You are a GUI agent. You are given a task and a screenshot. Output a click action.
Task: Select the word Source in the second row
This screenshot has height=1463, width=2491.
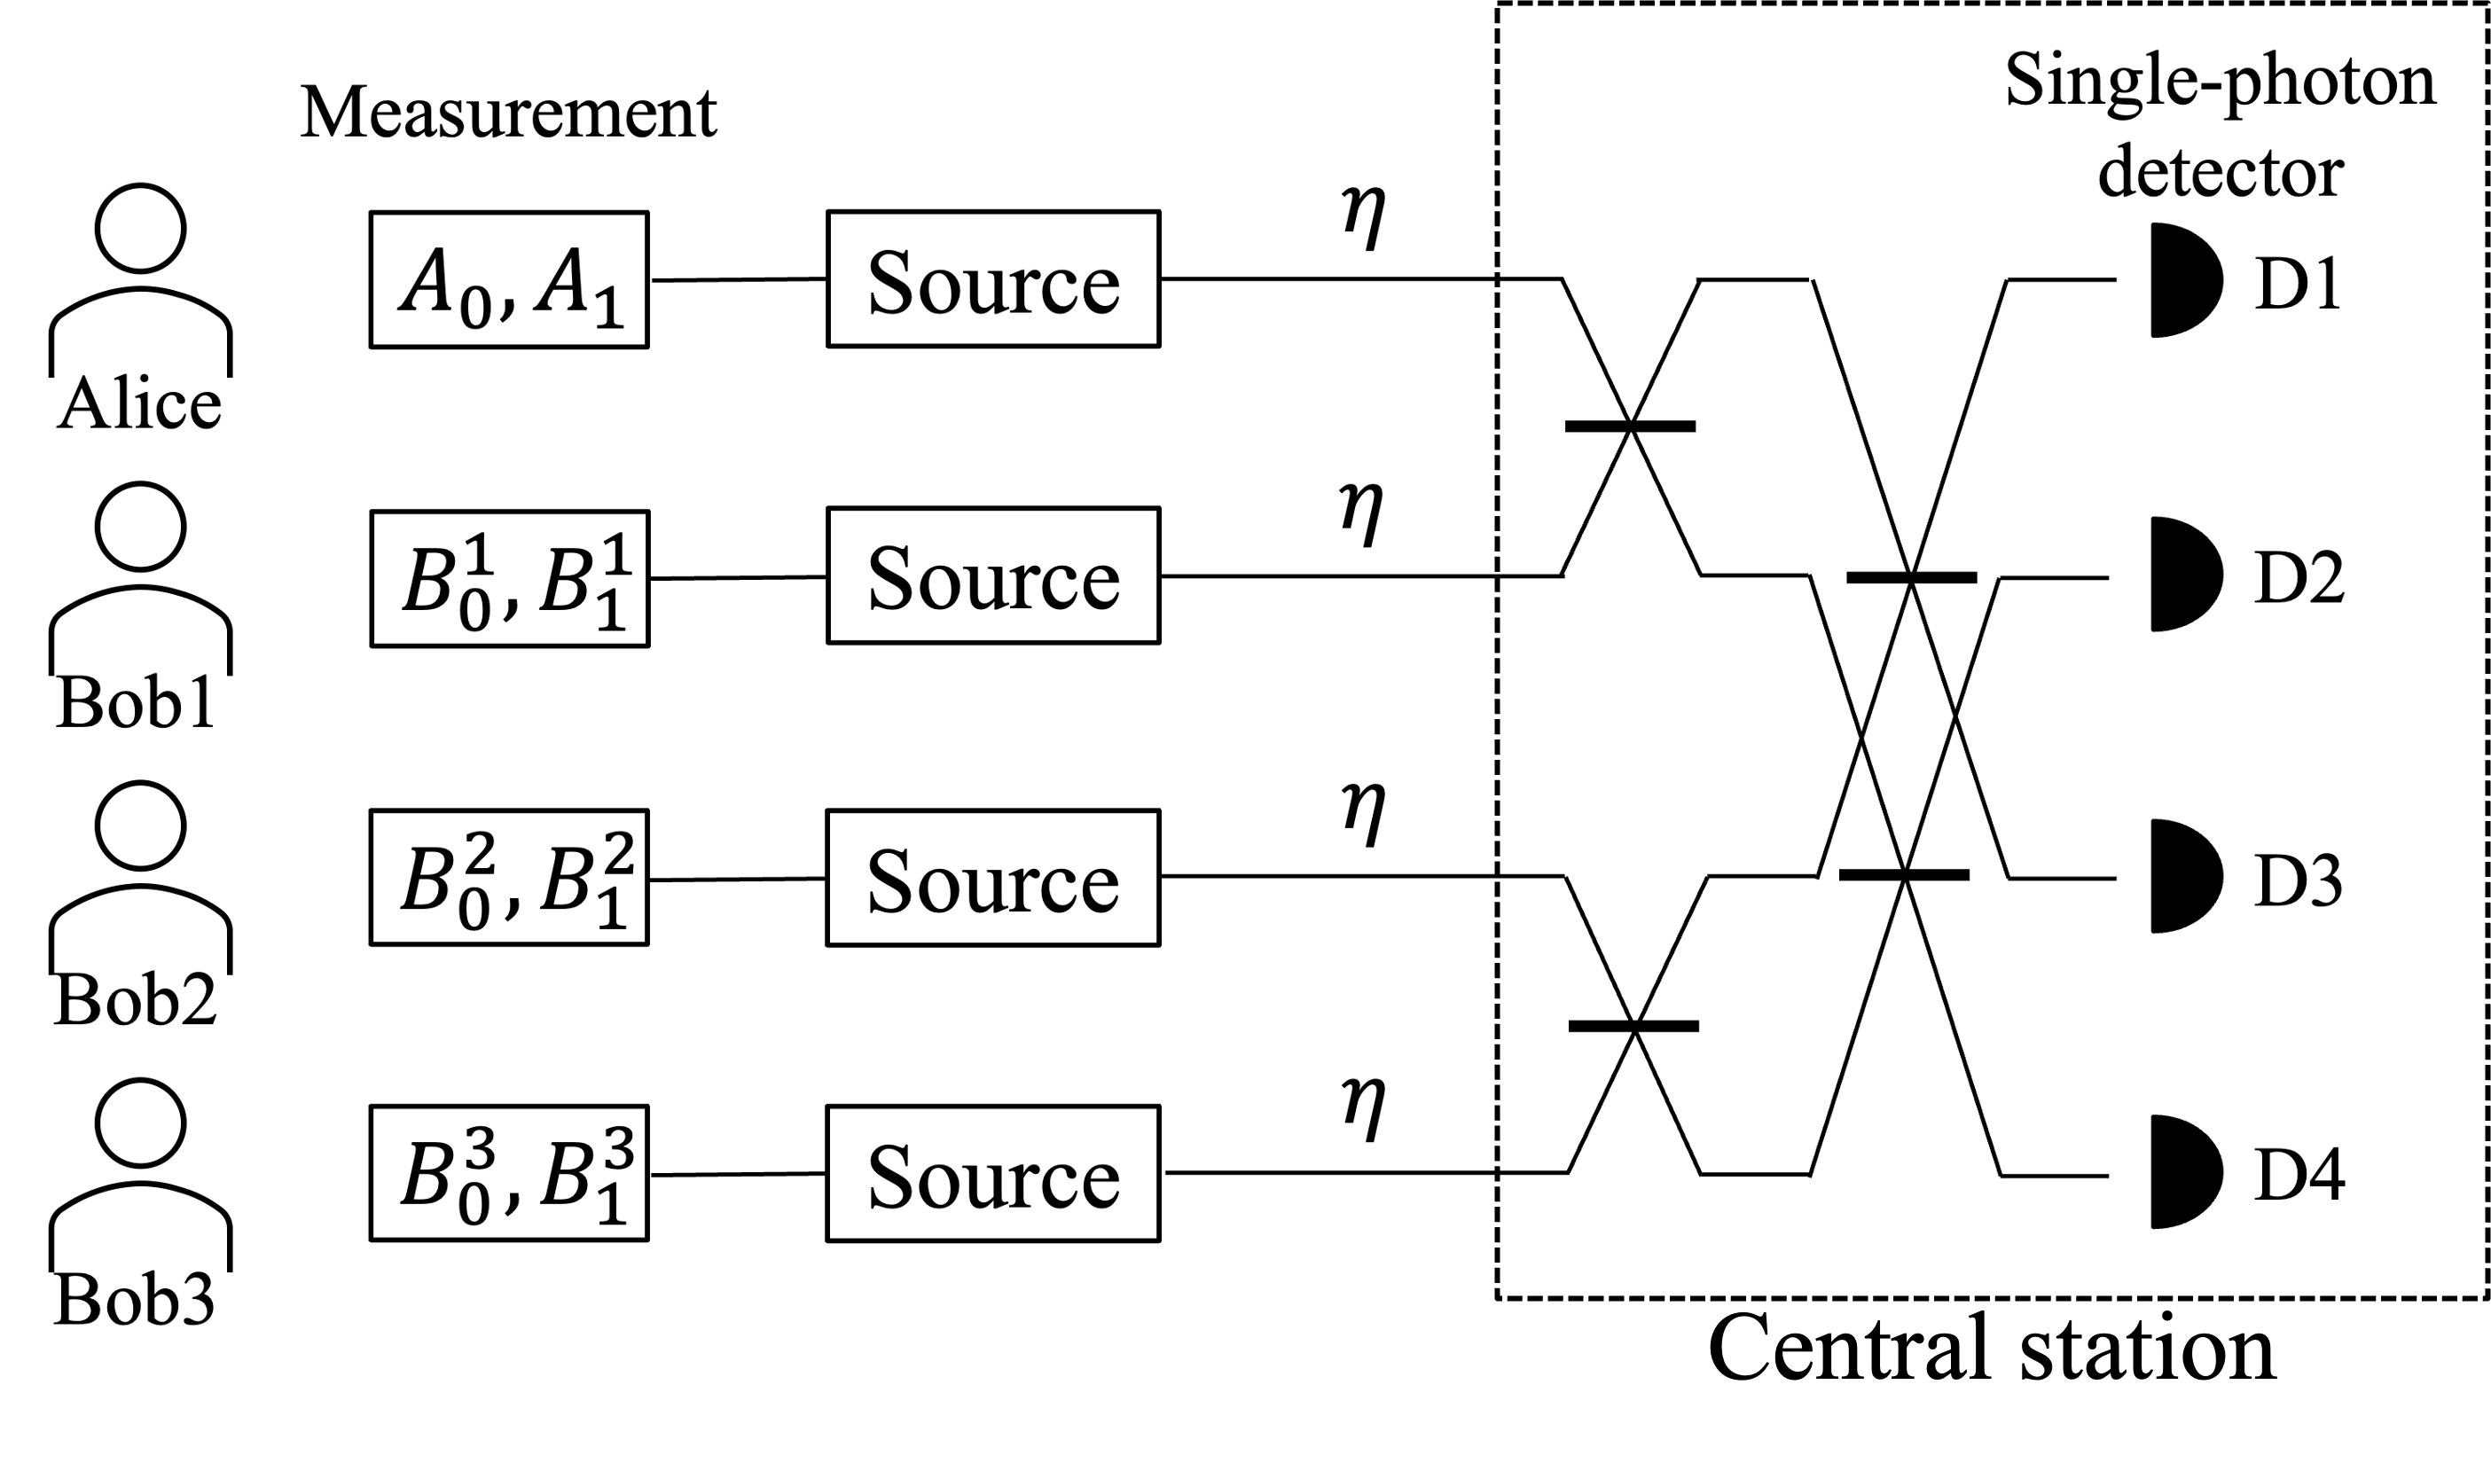click(x=992, y=579)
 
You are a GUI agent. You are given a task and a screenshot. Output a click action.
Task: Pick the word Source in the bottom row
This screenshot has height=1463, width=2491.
click(x=992, y=1177)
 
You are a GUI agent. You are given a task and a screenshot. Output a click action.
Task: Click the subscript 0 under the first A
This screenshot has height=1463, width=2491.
click(x=474, y=309)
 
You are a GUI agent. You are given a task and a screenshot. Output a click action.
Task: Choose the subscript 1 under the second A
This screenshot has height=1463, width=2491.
click(x=608, y=309)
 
